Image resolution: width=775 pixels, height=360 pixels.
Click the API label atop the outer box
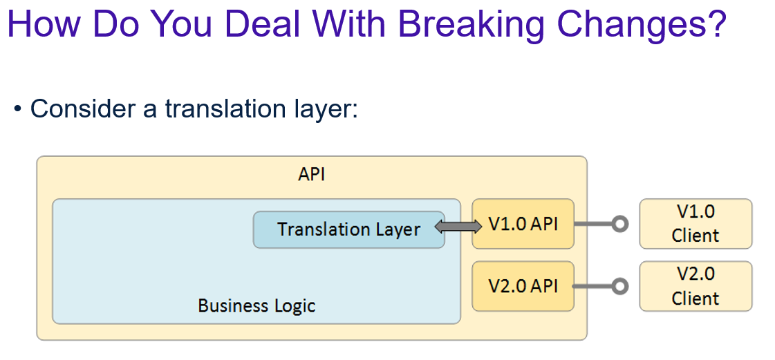click(x=311, y=175)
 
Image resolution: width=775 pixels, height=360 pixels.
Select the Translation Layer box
click(x=348, y=229)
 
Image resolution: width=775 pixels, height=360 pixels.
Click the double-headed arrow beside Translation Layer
click(x=458, y=225)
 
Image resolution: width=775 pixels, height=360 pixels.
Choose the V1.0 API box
click(x=523, y=224)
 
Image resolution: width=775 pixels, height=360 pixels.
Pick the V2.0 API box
click(x=523, y=285)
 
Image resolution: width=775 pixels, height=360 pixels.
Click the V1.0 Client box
click(x=695, y=224)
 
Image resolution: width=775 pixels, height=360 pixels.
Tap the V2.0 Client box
click(x=695, y=286)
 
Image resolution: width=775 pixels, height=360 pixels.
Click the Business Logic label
click(x=256, y=305)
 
